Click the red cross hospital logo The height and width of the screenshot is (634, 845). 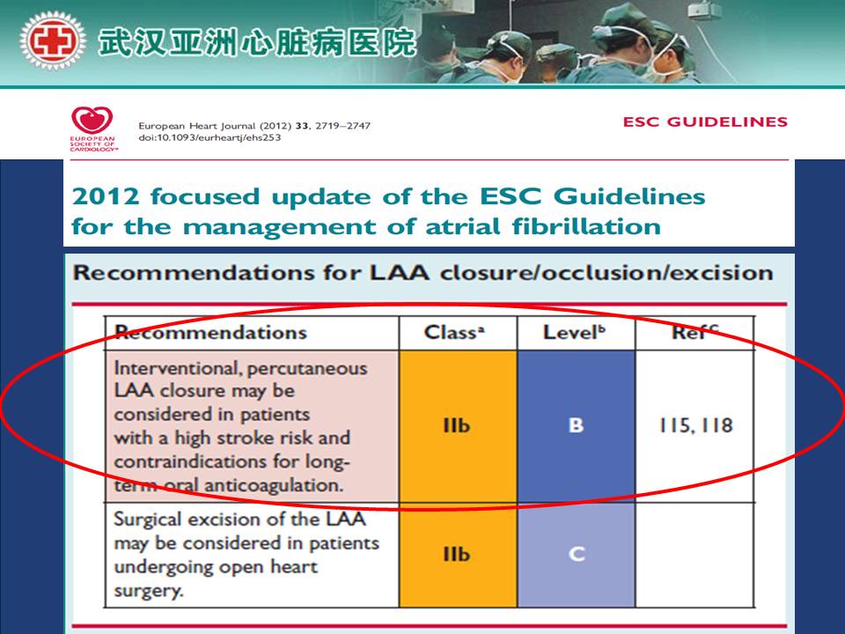pyautogui.click(x=52, y=41)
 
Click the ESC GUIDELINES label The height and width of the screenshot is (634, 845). pyautogui.click(x=705, y=122)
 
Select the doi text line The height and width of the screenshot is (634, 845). pyautogui.click(x=209, y=137)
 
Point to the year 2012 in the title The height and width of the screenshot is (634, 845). pyautogui.click(x=106, y=196)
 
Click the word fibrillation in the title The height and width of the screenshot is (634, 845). pyautogui.click(x=586, y=226)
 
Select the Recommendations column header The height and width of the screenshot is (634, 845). pyautogui.click(x=210, y=332)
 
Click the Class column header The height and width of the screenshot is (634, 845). pyautogui.click(x=454, y=332)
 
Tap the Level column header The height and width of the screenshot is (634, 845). pyautogui.click(x=574, y=332)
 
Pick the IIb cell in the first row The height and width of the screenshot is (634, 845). pyautogui.click(x=457, y=425)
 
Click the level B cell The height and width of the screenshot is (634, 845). pyautogui.click(x=576, y=425)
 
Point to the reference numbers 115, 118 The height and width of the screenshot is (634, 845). pyautogui.click(x=695, y=425)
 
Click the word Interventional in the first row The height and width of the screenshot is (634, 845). pyautogui.click(x=177, y=368)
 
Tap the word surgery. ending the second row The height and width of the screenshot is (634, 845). pyautogui.click(x=149, y=592)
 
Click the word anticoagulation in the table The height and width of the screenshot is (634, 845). pyautogui.click(x=274, y=485)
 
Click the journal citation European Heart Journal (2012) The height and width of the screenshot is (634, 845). pyautogui.click(x=215, y=126)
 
